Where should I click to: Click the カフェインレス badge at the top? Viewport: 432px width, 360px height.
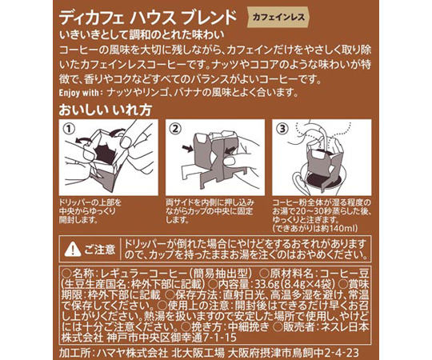(x=278, y=18)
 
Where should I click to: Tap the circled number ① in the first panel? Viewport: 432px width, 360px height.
(x=69, y=128)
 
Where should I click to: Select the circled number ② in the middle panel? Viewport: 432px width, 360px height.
(x=175, y=128)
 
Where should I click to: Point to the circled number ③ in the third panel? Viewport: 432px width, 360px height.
(x=282, y=128)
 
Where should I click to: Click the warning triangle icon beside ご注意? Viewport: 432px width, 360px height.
(x=73, y=250)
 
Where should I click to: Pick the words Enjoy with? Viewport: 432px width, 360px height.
(x=78, y=93)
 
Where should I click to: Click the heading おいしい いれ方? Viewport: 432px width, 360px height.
(x=106, y=110)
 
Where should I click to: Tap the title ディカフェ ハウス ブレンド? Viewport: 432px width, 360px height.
(x=148, y=18)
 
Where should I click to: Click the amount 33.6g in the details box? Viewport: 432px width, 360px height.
(x=266, y=283)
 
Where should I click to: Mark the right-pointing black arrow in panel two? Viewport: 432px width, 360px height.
(x=188, y=149)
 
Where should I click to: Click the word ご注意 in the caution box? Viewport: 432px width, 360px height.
(x=99, y=250)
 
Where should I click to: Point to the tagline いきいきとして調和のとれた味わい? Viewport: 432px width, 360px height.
(x=142, y=35)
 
